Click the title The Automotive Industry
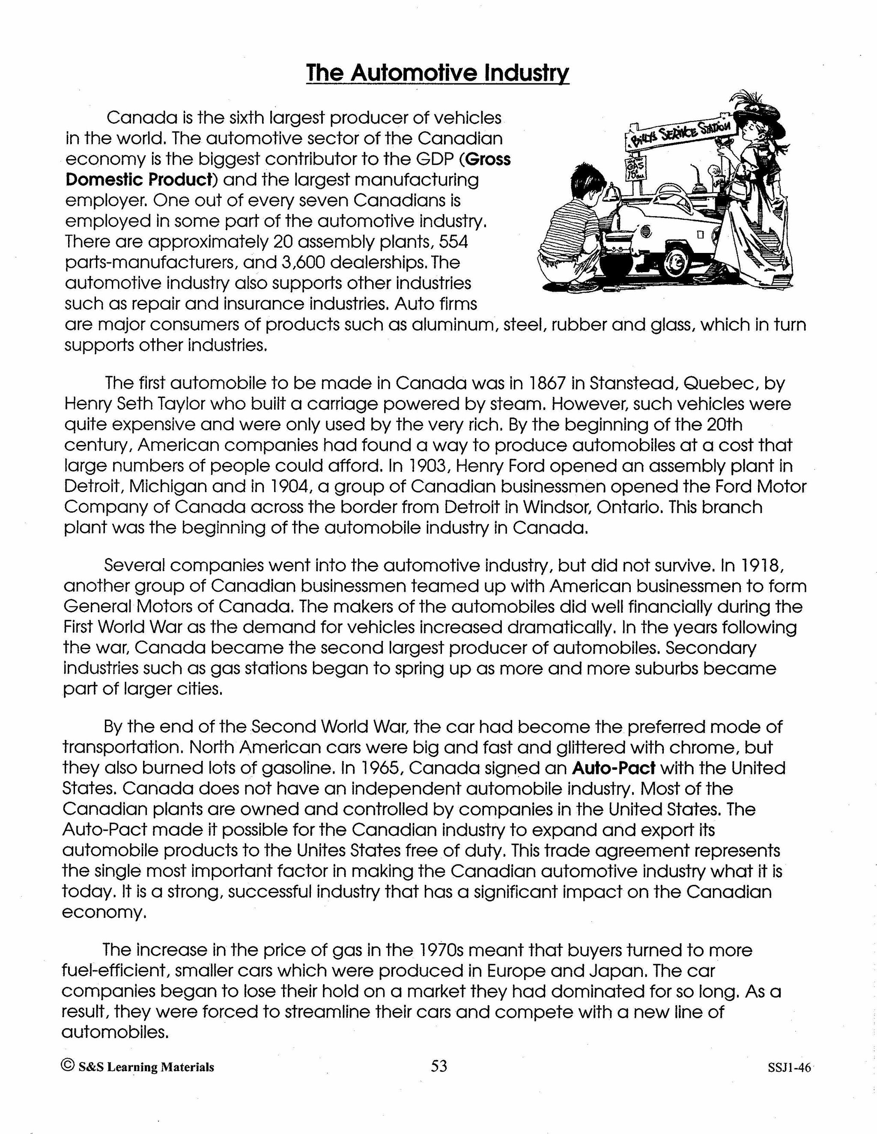[x=438, y=73]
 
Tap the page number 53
[x=439, y=1066]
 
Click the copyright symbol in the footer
[x=68, y=1066]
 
